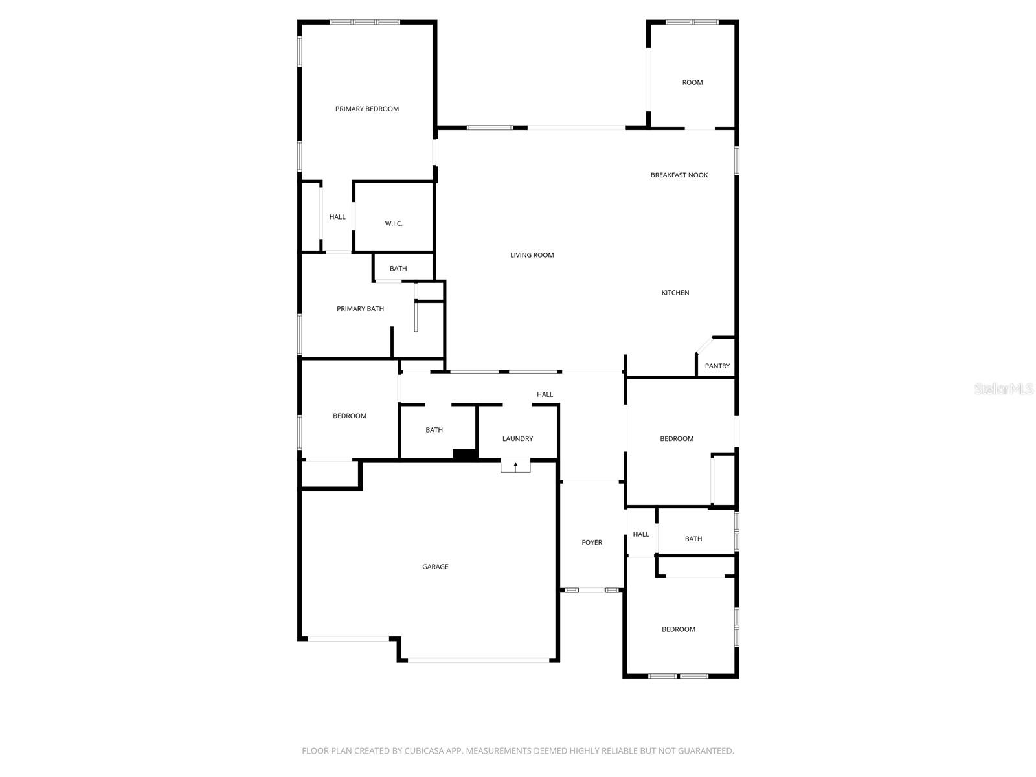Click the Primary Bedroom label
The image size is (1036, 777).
click(366, 109)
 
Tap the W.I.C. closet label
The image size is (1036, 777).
click(394, 223)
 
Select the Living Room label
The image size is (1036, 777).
click(532, 255)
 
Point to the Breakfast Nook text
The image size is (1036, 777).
click(679, 175)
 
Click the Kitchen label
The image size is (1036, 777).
click(675, 293)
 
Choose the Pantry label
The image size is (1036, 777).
click(717, 366)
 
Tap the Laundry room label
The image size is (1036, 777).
click(517, 438)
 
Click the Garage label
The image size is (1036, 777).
click(435, 567)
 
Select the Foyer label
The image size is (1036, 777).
click(592, 543)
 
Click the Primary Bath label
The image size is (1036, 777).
click(360, 309)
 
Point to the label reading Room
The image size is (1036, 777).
click(692, 82)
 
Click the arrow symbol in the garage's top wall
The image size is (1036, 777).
click(515, 465)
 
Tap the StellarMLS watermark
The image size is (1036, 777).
click(1003, 389)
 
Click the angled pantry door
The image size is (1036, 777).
click(703, 344)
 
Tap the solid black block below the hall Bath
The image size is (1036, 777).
click(464, 455)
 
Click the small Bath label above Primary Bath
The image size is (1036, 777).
click(398, 269)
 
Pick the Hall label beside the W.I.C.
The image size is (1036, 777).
click(337, 217)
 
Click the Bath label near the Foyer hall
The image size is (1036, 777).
click(693, 539)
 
